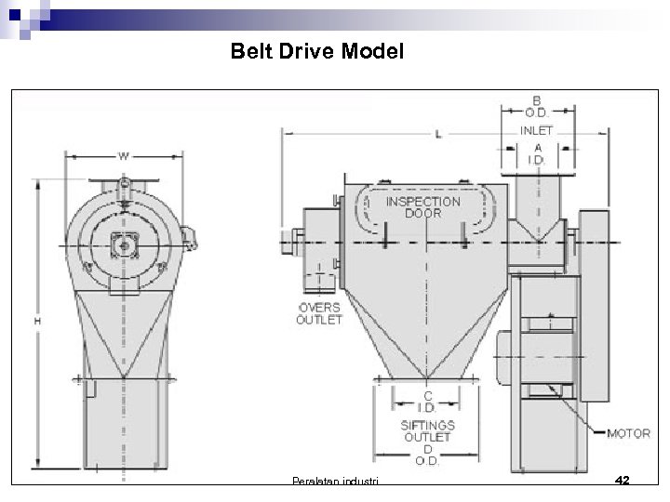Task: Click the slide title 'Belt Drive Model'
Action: point(317,52)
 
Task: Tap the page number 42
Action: point(623,481)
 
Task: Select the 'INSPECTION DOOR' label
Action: point(422,206)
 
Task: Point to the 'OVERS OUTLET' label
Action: point(318,312)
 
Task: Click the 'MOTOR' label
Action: point(628,433)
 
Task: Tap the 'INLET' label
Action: point(536,130)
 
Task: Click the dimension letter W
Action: point(123,155)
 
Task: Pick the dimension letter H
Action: point(37,321)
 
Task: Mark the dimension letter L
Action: point(438,135)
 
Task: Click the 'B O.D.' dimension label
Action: point(538,108)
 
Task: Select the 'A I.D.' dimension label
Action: point(537,153)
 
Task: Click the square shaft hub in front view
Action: point(123,244)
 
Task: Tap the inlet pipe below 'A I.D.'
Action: point(537,200)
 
